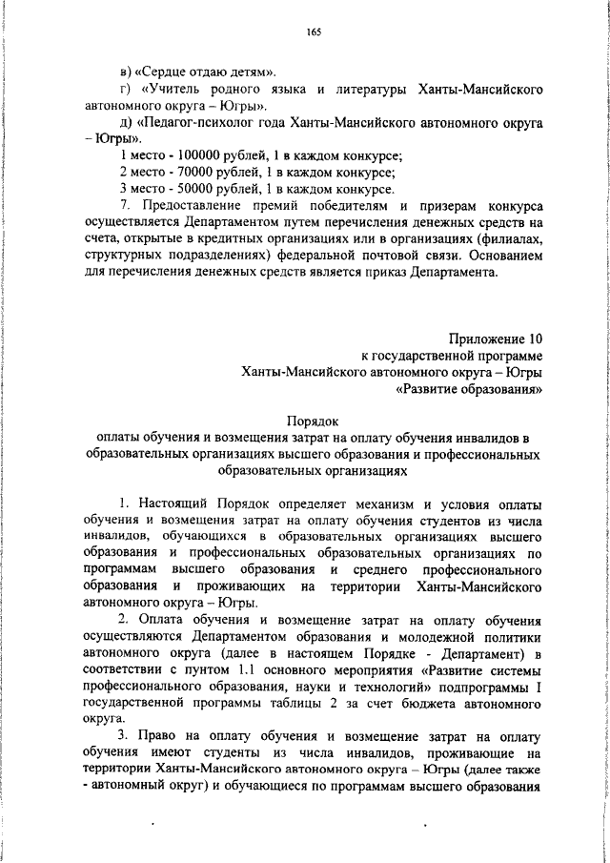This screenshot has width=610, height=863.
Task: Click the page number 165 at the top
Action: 314,32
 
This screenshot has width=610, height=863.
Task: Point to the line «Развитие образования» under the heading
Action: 469,389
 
